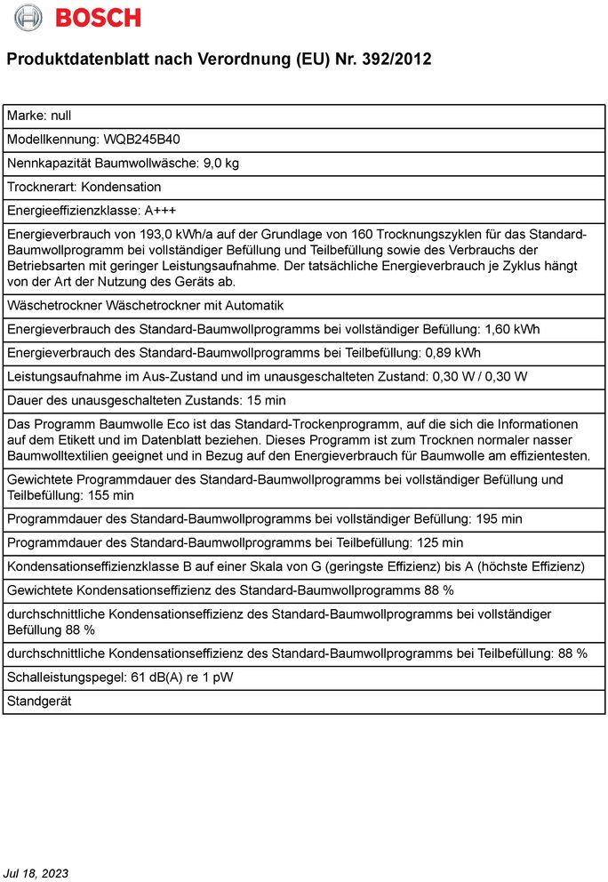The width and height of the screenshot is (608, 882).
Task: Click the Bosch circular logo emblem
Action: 28,17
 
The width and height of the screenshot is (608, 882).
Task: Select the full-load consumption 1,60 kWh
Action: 511,329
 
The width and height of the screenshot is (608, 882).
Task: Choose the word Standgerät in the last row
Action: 39,701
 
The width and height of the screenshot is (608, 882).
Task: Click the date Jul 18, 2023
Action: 36,873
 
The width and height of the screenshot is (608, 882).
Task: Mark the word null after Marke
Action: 60,116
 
